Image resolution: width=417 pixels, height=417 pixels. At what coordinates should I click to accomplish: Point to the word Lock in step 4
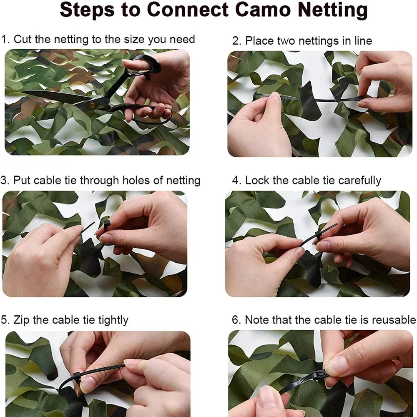(257, 181)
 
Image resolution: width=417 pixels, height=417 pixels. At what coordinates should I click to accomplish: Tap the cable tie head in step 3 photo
(107, 225)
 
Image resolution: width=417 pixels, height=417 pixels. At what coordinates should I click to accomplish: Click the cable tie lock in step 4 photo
(319, 236)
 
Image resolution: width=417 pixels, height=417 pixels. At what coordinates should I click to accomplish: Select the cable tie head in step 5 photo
(76, 377)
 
